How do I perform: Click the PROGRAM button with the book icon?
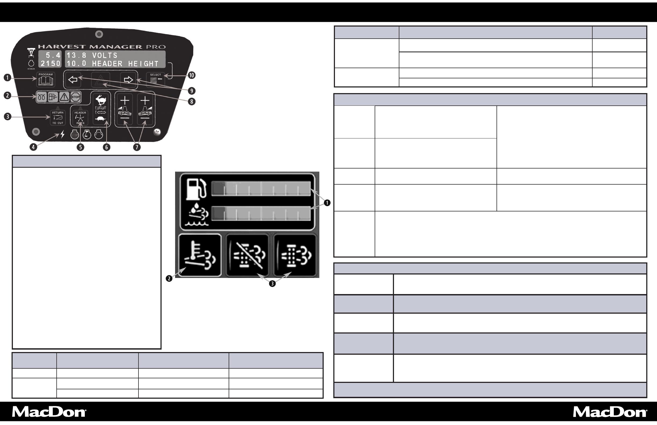coord(46,79)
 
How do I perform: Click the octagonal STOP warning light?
coord(75,97)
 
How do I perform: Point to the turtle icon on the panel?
coord(101,119)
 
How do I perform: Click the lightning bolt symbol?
coord(63,134)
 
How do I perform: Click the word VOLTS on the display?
coord(105,55)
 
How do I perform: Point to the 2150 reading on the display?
coord(50,64)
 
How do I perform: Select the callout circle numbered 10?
coord(191,75)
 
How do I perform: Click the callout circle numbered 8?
coord(192,102)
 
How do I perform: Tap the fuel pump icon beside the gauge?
coord(196,189)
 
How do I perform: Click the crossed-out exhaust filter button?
coord(247,255)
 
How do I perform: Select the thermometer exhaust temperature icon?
coord(200,255)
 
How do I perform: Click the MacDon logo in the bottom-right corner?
coord(609,412)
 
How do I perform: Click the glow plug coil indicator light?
coord(42,97)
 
